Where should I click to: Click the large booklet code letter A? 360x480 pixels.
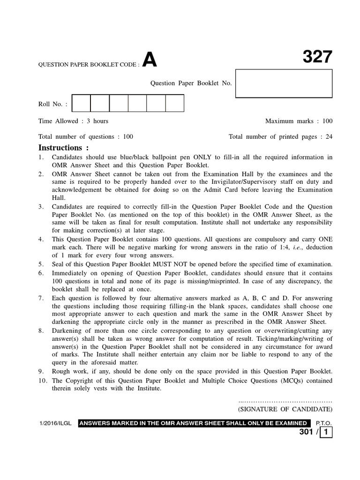pyautogui.click(x=149, y=60)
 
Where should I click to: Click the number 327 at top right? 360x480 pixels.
pyautogui.click(x=317, y=57)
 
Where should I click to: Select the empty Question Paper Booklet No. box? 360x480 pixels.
pyautogui.click(x=284, y=83)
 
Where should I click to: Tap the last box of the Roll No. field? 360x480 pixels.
pyautogui.click(x=174, y=103)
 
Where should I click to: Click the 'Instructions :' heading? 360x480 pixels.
pyautogui.click(x=63, y=148)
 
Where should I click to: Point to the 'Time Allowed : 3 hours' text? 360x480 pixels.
pyautogui.click(x=73, y=121)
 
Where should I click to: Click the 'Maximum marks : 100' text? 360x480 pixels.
pyautogui.click(x=299, y=121)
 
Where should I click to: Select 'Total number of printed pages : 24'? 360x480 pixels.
pyautogui.click(x=280, y=137)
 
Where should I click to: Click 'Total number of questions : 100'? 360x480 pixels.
pyautogui.click(x=86, y=137)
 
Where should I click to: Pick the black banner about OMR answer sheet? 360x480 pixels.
pyautogui.click(x=194, y=423)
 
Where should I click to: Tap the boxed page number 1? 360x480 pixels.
pyautogui.click(x=326, y=433)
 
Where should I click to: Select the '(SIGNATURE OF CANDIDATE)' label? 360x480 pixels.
pyautogui.click(x=285, y=409)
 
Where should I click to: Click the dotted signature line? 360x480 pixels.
pyautogui.click(x=285, y=401)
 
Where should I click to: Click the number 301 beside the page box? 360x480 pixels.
pyautogui.click(x=306, y=433)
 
